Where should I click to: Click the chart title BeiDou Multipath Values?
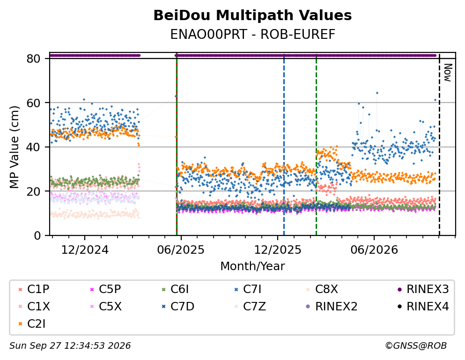(252, 15)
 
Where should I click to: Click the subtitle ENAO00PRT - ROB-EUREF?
(252, 34)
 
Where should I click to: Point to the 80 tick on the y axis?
(34, 59)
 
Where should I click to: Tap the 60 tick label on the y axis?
(34, 103)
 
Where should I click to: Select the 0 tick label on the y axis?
(37, 236)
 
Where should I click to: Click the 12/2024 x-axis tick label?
(85, 250)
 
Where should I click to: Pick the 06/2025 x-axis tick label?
(181, 250)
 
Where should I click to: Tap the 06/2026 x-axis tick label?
(374, 250)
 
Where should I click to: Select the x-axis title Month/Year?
(252, 266)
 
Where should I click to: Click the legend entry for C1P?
(34, 289)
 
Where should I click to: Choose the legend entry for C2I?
(32, 324)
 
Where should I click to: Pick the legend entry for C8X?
(322, 289)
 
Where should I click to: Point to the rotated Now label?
(448, 73)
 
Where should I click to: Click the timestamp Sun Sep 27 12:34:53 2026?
(70, 346)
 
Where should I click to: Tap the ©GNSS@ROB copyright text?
(416, 346)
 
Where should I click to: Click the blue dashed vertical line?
(284, 145)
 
